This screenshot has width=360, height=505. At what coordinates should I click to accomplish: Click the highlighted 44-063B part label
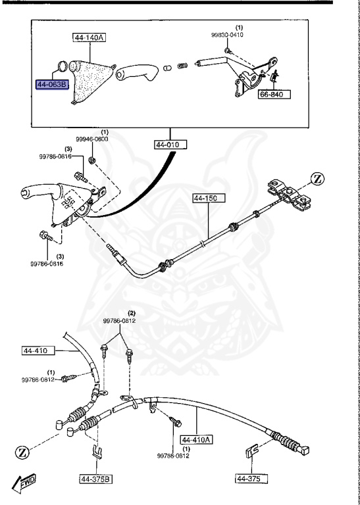click(x=51, y=85)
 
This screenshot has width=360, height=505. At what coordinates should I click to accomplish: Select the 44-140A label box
click(x=88, y=39)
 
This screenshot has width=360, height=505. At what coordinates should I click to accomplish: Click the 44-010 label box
click(x=171, y=144)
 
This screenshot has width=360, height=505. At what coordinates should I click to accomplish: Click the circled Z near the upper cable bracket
click(x=317, y=178)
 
